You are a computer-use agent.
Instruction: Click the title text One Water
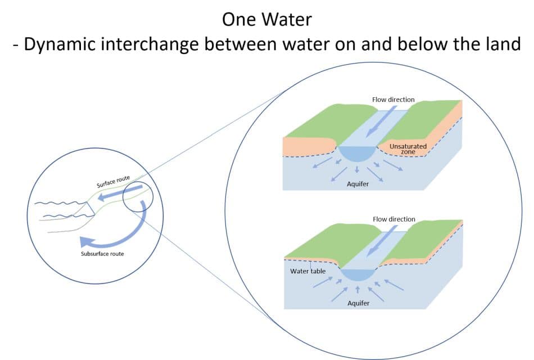tap(267, 19)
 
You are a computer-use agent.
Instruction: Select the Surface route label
tap(112, 182)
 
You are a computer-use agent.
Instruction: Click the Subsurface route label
tap(102, 254)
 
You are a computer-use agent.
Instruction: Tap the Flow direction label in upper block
tap(393, 100)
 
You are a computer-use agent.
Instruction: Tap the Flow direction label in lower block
tap(393, 219)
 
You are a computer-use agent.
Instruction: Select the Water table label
tap(307, 271)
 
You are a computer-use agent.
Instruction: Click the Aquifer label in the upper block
tap(358, 184)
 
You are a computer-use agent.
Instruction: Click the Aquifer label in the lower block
tap(358, 303)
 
